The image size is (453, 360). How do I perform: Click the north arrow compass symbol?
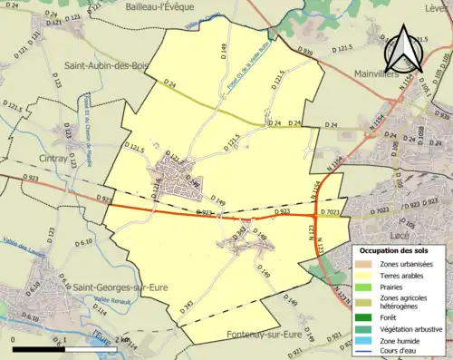click(x=402, y=51)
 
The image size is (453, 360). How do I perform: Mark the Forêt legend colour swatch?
click(x=366, y=316)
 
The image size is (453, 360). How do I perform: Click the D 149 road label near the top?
click(x=221, y=46)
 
